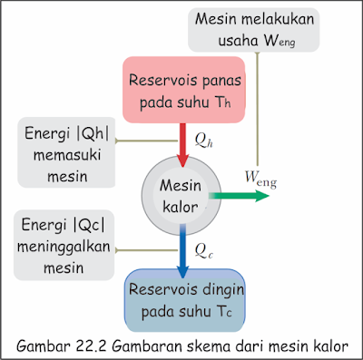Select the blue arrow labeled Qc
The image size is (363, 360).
182,248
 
